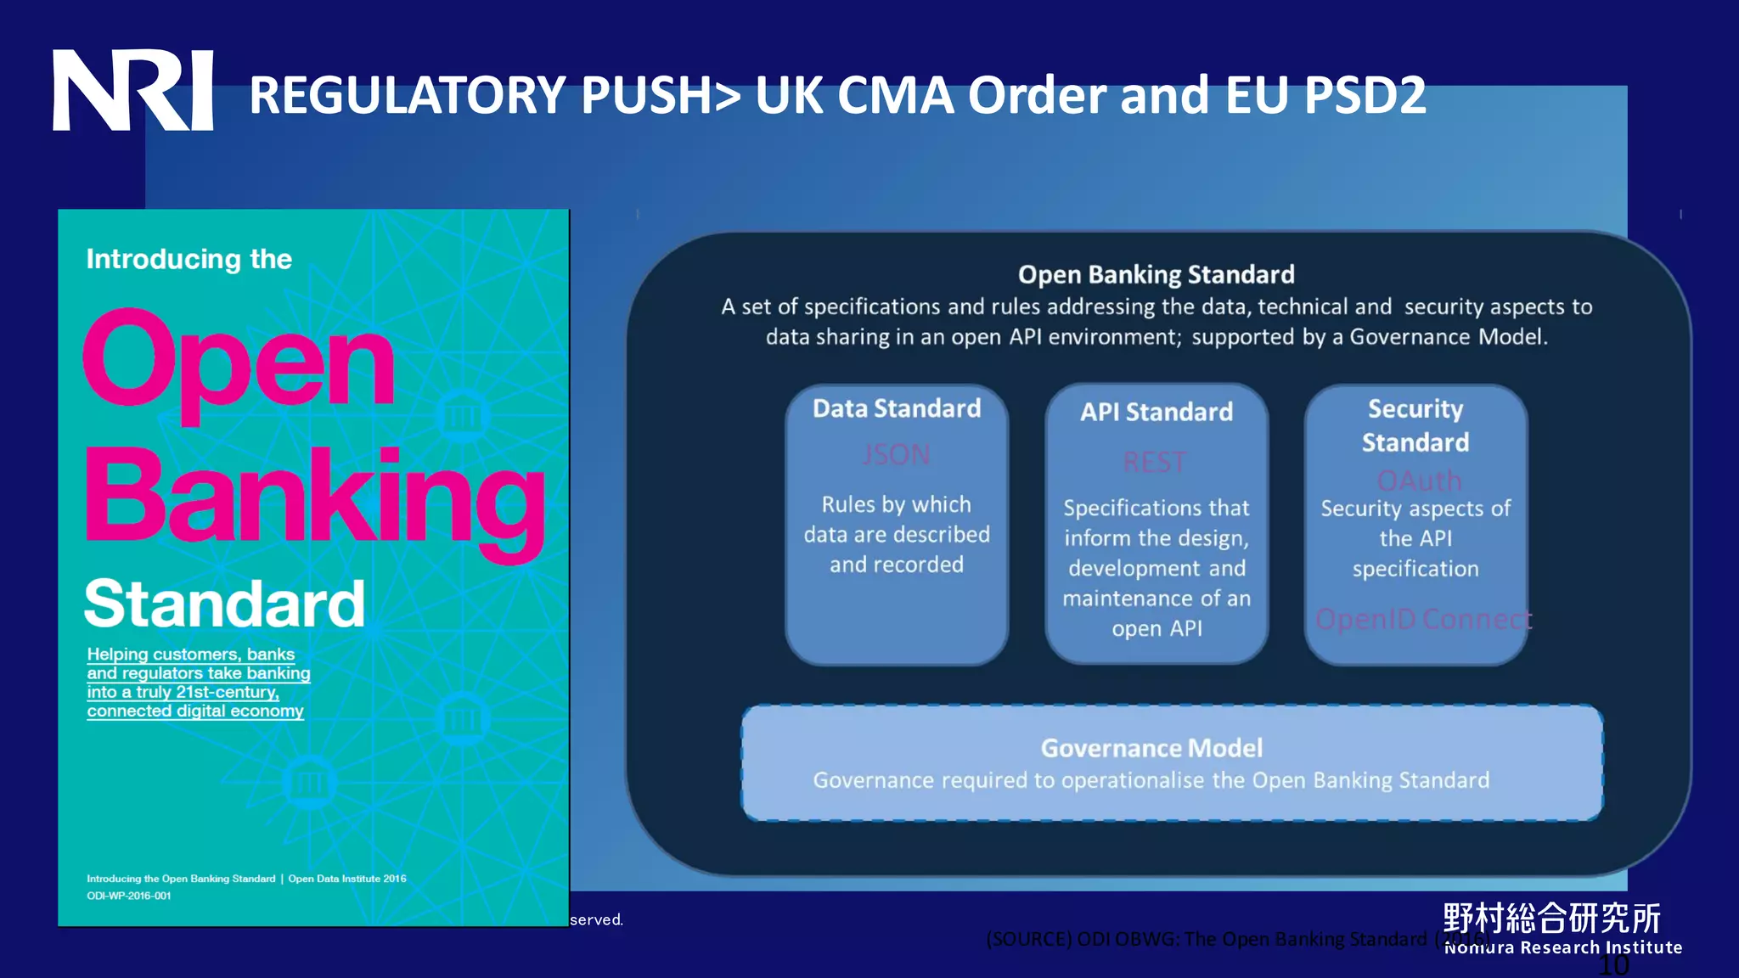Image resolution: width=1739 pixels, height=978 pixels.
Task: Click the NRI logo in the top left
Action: click(132, 90)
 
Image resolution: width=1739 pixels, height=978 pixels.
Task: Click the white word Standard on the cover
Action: click(224, 604)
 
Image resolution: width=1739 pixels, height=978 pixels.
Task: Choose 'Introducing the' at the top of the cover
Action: click(189, 259)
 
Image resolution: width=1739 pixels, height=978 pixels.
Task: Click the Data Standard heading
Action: click(897, 408)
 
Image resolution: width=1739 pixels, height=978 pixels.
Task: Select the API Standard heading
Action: click(1157, 412)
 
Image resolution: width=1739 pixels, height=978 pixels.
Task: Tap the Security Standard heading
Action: click(1415, 425)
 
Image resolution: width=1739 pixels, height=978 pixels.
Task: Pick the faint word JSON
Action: click(897, 455)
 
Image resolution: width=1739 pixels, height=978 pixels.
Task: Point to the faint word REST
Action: click(1155, 463)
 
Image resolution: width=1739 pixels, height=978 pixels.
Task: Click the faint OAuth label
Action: click(1419, 481)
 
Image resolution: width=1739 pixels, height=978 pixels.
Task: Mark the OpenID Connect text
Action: click(1423, 619)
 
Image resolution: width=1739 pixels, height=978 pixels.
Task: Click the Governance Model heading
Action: click(1151, 748)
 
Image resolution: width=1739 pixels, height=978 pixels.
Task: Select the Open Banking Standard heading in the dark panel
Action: click(1156, 274)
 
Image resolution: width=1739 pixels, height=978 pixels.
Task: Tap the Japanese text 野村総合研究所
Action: click(1551, 918)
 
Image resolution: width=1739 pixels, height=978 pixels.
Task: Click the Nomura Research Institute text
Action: click(1563, 947)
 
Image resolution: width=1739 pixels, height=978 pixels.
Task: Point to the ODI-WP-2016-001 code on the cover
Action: click(129, 896)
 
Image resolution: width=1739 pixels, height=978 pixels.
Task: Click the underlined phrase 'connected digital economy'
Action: click(195, 711)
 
